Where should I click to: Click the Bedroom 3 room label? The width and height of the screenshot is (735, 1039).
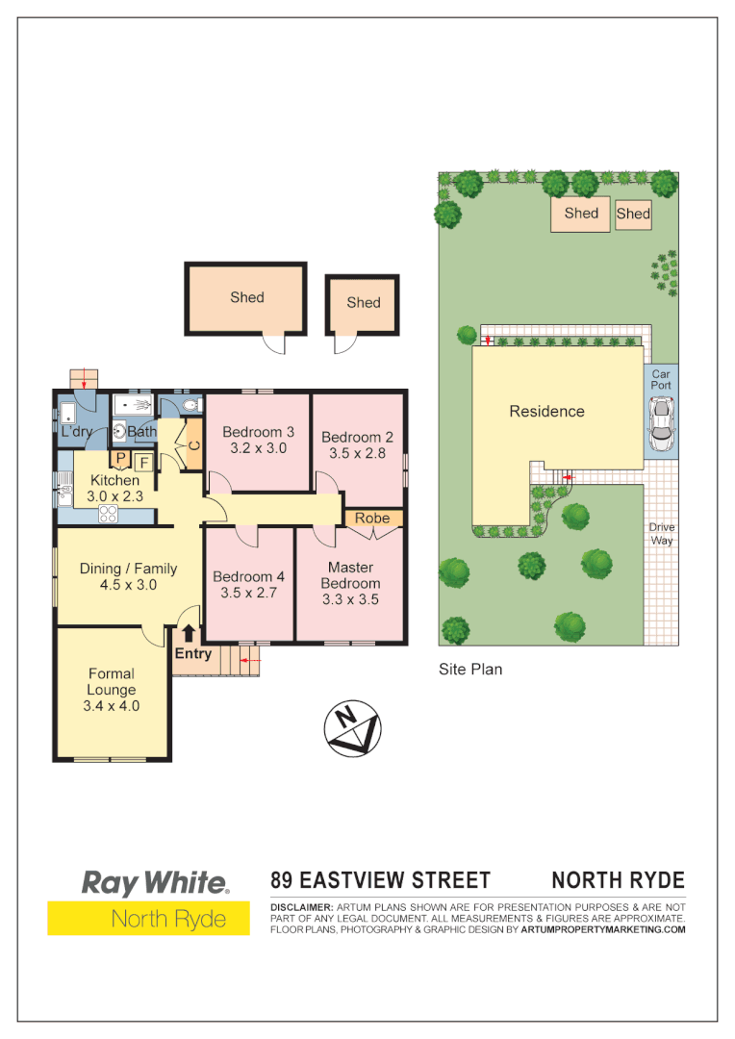click(258, 432)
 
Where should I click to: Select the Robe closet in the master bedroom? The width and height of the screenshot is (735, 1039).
click(372, 519)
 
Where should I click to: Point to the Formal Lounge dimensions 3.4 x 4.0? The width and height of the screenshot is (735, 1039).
click(112, 706)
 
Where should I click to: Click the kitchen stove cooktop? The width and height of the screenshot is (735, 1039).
click(108, 513)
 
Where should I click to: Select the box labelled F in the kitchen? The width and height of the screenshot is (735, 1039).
click(143, 462)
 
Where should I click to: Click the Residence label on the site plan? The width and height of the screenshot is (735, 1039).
click(546, 411)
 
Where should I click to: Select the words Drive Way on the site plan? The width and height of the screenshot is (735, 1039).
click(661, 534)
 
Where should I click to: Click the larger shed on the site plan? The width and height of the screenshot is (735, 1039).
click(581, 214)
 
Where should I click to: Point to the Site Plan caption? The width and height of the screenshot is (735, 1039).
click(470, 669)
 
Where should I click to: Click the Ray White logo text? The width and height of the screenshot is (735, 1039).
click(155, 883)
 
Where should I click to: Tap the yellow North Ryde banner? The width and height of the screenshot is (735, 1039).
click(148, 918)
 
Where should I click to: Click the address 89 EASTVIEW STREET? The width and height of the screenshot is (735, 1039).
click(381, 880)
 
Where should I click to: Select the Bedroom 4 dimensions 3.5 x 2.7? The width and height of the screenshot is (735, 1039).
click(249, 593)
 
